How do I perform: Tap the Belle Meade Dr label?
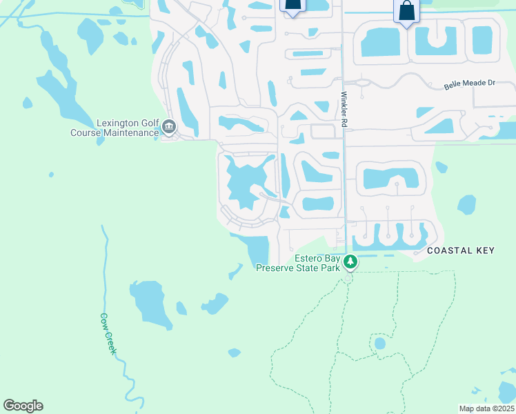[x=470, y=83]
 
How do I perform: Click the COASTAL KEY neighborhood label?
[x=460, y=250]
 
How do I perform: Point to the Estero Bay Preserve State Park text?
[x=300, y=263]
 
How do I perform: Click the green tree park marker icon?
[x=350, y=262]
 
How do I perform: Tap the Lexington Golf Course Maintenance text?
[x=115, y=128]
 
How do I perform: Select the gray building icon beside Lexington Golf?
[x=169, y=126]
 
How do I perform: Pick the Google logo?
[x=23, y=406]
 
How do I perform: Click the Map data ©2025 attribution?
[x=486, y=408]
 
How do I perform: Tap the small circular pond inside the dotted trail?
[x=379, y=343]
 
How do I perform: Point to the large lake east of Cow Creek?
[x=150, y=304]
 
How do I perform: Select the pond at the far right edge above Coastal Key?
[x=466, y=204]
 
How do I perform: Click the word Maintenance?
[x=131, y=132]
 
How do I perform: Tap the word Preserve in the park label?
[x=279, y=268]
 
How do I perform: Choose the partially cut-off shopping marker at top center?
[x=293, y=6]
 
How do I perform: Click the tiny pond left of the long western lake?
[x=27, y=103]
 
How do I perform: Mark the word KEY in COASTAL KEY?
[x=484, y=250]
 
